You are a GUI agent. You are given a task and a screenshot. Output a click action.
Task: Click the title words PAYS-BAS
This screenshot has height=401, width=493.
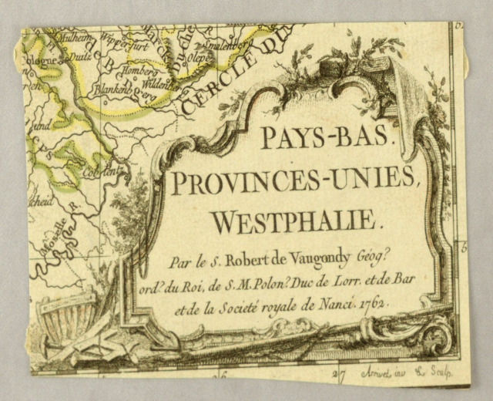click(x=317, y=137)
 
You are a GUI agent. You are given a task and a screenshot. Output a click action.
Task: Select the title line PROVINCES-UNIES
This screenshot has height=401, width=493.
click(x=295, y=182)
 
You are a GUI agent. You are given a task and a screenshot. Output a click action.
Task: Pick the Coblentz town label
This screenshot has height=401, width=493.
click(x=107, y=172)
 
